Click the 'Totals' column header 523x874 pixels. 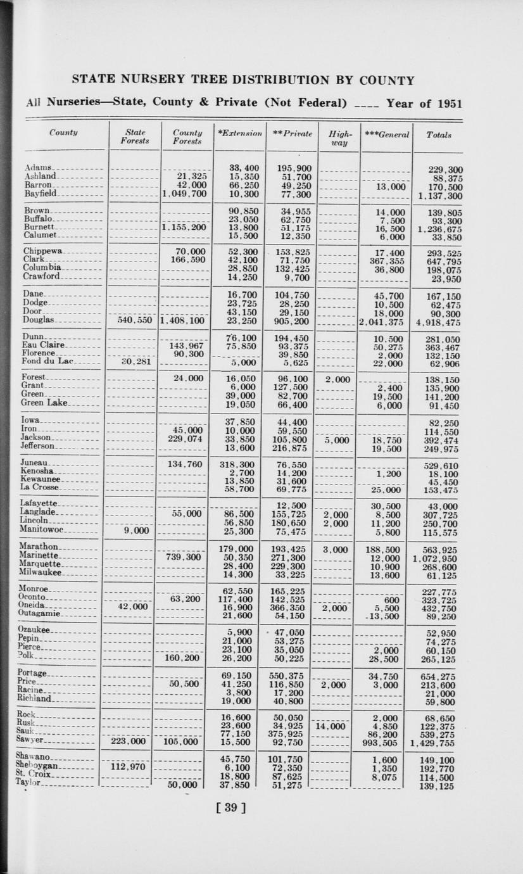pos(439,136)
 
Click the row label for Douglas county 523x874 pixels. pos(40,320)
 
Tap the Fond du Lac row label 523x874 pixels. pos(48,362)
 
